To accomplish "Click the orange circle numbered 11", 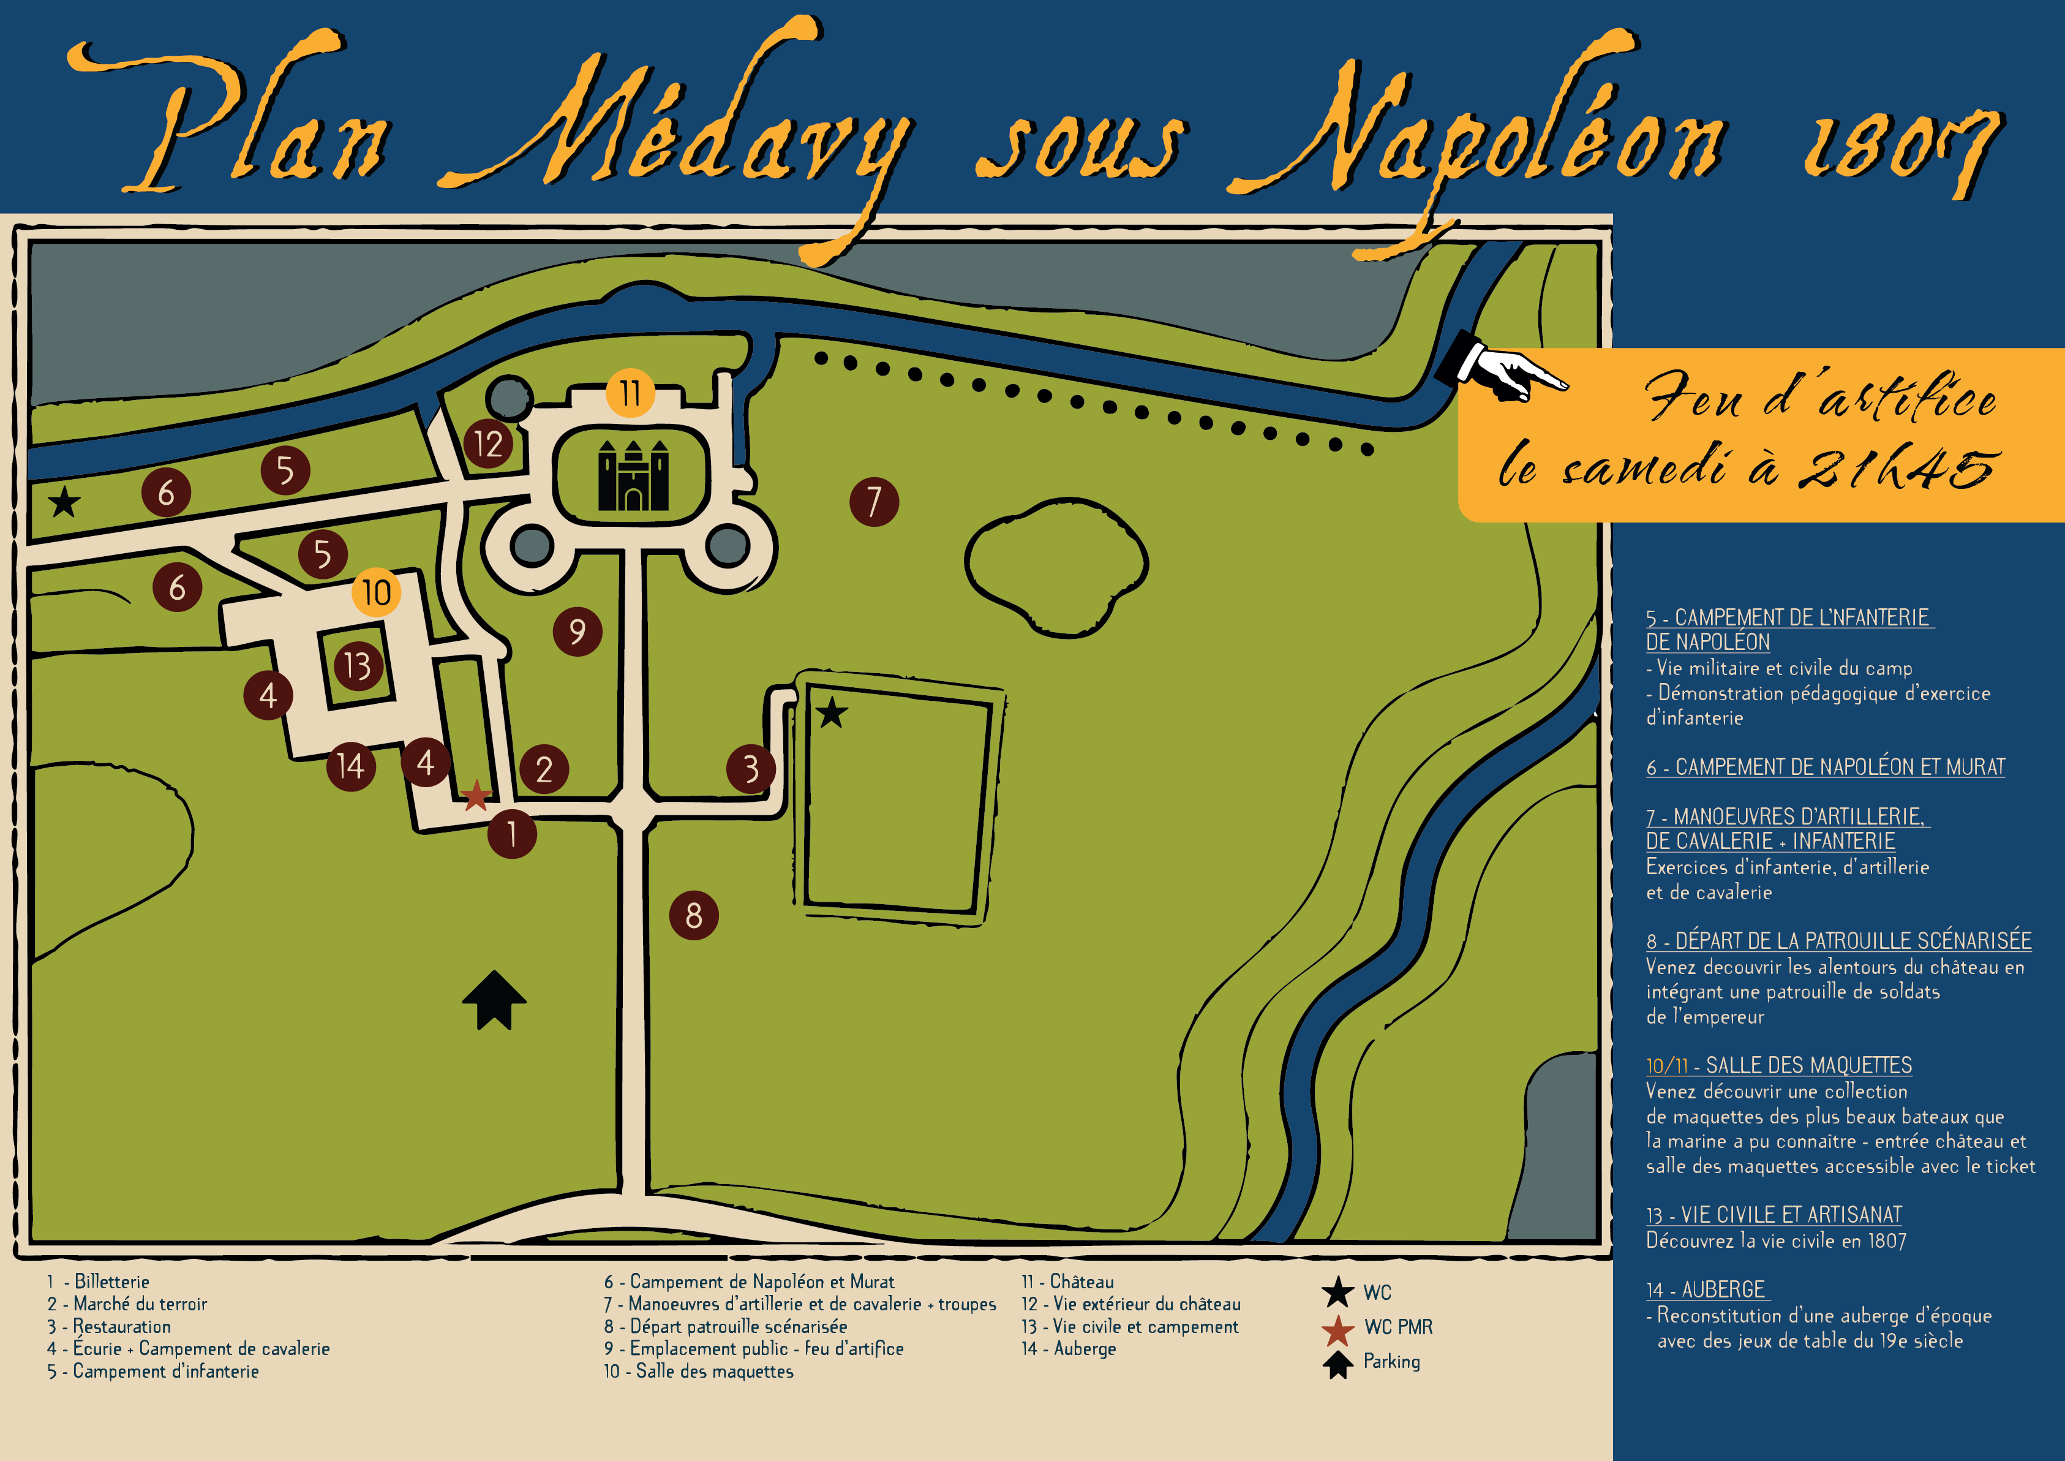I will (x=630, y=393).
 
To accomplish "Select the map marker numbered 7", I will (x=873, y=501).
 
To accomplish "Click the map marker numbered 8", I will (x=693, y=915).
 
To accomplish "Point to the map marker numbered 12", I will (x=488, y=444).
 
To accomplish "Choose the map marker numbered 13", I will (x=358, y=666).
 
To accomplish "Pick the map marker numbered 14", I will (x=351, y=766).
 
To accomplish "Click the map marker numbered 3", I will (x=750, y=768).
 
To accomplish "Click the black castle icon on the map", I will (x=633, y=476).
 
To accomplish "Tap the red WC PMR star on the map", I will (x=476, y=795).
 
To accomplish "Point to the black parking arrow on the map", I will (x=494, y=999).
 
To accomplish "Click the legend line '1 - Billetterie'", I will (x=99, y=1281).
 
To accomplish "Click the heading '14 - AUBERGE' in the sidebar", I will (x=1706, y=1289).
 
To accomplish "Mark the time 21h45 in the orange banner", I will (x=1898, y=469).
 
